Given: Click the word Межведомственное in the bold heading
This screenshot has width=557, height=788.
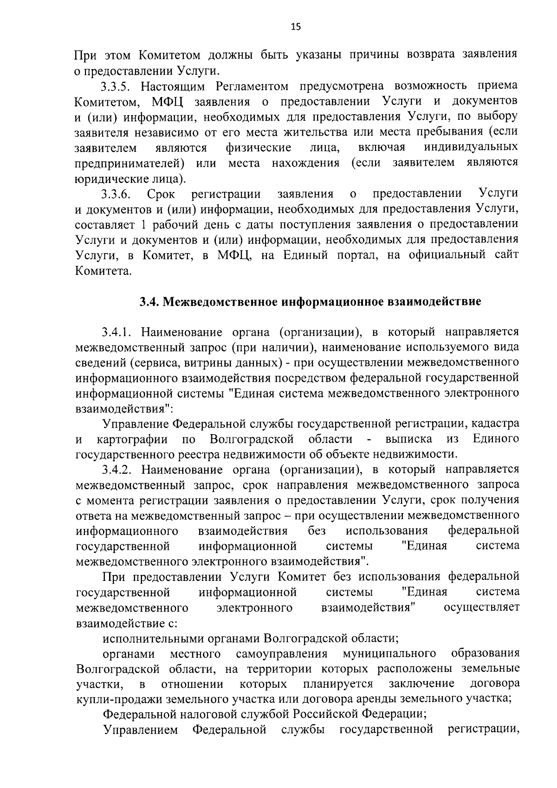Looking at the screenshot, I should [x=220, y=302].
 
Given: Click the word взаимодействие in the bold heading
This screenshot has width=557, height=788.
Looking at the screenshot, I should [x=437, y=302].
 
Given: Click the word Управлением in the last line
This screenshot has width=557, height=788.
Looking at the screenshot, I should [x=140, y=729].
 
